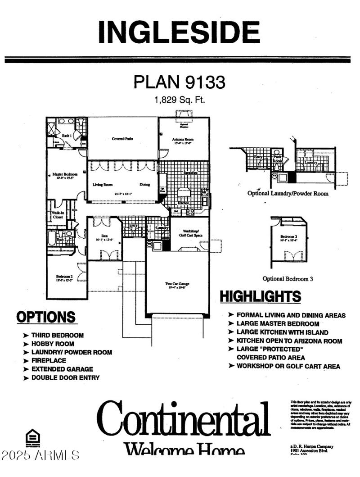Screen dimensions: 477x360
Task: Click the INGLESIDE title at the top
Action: tap(179, 32)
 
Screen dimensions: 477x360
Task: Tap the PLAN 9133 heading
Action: tap(179, 82)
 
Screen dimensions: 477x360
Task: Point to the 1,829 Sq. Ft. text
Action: tap(179, 100)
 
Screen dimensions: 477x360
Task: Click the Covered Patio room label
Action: tap(122, 139)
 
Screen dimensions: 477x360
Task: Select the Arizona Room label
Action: tap(183, 140)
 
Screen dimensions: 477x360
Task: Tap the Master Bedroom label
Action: tap(65, 174)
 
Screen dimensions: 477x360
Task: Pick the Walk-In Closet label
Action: tap(57, 214)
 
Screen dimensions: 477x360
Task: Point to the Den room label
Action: tap(103, 236)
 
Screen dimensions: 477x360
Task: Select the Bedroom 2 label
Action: tap(64, 277)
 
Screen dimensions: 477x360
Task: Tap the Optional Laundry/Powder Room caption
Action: tap(294, 193)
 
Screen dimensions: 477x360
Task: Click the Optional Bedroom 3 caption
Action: tap(288, 279)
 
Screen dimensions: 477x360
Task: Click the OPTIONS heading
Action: tap(46, 317)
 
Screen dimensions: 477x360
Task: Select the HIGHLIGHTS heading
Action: tap(260, 296)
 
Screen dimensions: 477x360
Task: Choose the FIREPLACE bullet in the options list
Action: tap(48, 360)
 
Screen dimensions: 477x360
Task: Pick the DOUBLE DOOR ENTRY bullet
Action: tap(65, 377)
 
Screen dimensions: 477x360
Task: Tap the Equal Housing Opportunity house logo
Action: tap(33, 436)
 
